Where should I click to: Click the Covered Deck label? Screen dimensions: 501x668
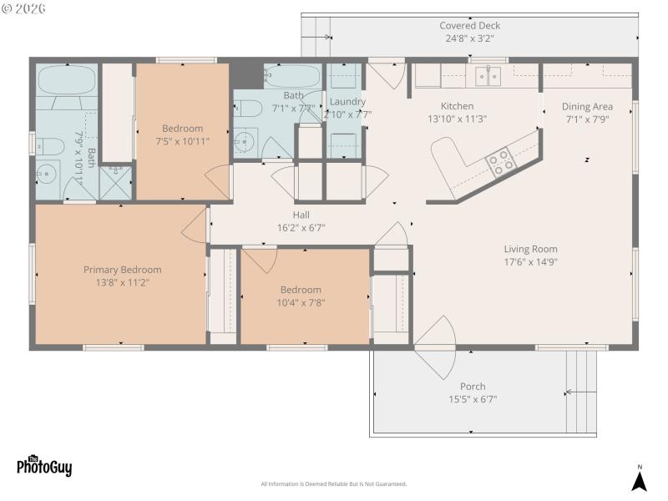click(x=469, y=26)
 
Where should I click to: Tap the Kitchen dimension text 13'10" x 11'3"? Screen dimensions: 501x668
click(x=457, y=119)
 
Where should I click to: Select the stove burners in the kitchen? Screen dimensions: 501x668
click(x=501, y=161)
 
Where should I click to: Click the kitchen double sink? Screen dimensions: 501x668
click(x=488, y=77)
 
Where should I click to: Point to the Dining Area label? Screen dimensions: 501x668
click(x=587, y=106)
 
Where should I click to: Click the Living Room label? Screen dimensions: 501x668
click(x=530, y=249)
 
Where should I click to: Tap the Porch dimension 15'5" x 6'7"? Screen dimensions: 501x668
click(x=472, y=399)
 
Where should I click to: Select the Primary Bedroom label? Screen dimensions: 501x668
click(x=122, y=270)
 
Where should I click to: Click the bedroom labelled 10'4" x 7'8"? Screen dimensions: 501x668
click(x=301, y=296)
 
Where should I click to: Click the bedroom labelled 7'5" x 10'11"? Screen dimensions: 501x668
click(x=182, y=135)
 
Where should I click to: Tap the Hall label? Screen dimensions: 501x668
click(x=301, y=215)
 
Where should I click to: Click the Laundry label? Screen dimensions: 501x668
click(x=347, y=102)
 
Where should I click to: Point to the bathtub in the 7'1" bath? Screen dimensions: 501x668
click(x=292, y=77)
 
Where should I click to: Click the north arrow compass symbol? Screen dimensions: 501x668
click(x=639, y=480)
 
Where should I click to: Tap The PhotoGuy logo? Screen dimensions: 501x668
click(x=44, y=466)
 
